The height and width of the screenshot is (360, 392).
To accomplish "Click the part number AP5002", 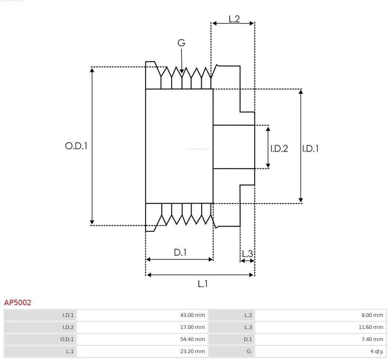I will (x=18, y=303).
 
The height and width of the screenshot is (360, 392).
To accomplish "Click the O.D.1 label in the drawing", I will (x=76, y=146).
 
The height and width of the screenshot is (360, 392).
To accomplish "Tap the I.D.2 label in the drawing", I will (x=279, y=149).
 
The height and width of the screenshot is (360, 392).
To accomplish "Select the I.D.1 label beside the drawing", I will (x=310, y=149).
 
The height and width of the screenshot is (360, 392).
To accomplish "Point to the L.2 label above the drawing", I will (x=234, y=19).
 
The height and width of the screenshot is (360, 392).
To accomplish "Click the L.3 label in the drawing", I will (x=247, y=253).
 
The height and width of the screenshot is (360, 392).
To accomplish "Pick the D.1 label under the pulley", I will (x=180, y=253).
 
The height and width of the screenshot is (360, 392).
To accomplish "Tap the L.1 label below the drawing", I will (x=203, y=284).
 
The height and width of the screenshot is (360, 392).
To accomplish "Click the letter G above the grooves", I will (x=181, y=43).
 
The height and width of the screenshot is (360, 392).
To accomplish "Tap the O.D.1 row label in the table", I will (x=67, y=339).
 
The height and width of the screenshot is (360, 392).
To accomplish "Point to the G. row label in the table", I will (x=249, y=352).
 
